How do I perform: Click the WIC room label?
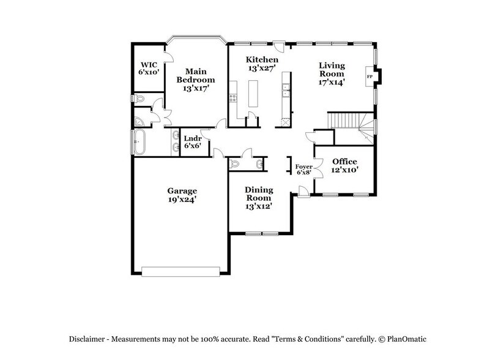point(149,64)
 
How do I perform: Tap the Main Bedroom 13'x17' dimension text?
point(196,88)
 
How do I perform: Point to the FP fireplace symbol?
point(369,77)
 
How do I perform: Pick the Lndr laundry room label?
point(192,138)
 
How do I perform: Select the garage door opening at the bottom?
point(181,269)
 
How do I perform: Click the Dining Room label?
point(259,194)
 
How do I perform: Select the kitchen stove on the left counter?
point(233,97)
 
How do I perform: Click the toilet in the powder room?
point(236,163)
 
